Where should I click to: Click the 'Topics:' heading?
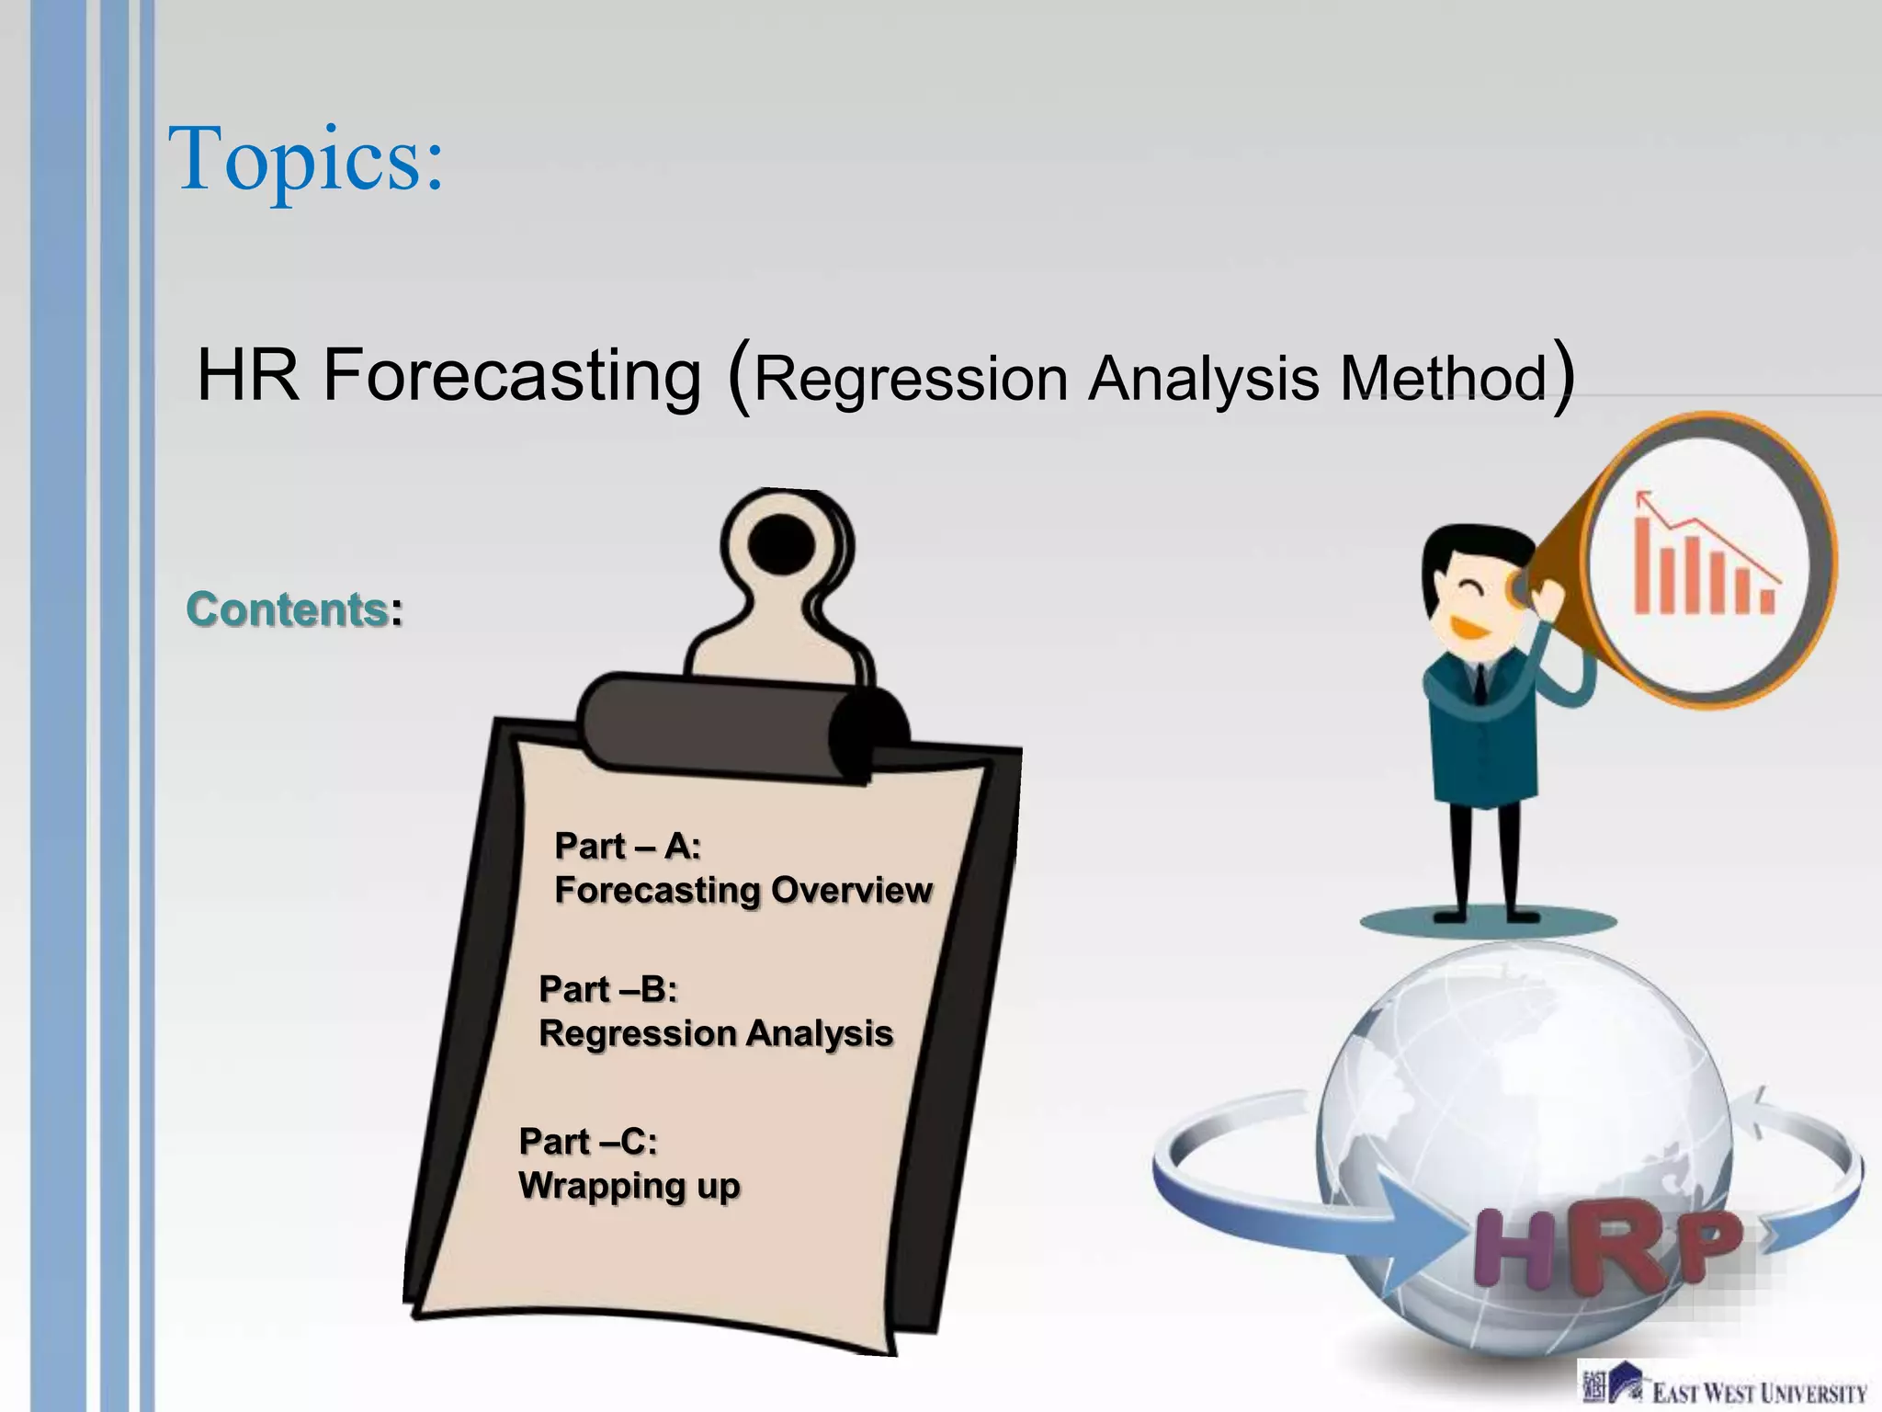(x=306, y=159)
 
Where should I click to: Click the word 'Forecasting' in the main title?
(x=511, y=375)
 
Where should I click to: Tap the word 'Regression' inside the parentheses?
(x=910, y=378)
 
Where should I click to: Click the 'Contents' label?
(x=287, y=609)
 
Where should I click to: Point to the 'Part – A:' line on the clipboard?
(x=628, y=846)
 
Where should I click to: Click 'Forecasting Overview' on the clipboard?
(x=743, y=890)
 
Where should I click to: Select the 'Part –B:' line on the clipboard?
(x=607, y=989)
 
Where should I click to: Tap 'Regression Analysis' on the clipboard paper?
(x=715, y=1033)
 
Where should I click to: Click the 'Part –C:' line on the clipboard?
(x=588, y=1142)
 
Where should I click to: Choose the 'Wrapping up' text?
(x=629, y=1186)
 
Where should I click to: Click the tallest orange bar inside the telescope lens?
(x=1642, y=565)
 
